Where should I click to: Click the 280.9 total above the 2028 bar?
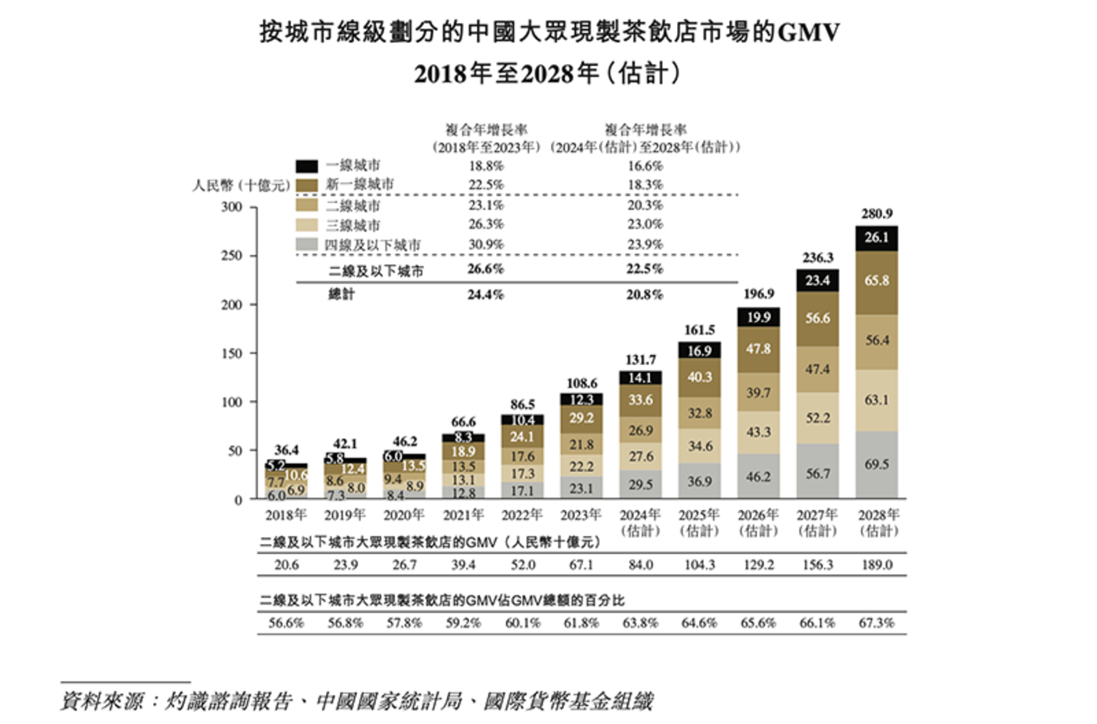(x=876, y=214)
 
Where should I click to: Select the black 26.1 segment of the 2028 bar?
(x=876, y=238)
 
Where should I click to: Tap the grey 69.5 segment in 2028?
(x=876, y=465)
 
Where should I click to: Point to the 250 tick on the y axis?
(x=232, y=255)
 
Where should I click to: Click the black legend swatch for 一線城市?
(x=307, y=166)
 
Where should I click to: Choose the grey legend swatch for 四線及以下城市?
(x=307, y=244)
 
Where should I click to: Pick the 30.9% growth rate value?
(x=486, y=244)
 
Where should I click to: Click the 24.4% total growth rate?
(x=486, y=295)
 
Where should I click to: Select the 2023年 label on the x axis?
(x=581, y=515)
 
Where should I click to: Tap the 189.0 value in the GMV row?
(x=876, y=565)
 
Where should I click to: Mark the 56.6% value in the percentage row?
(x=286, y=623)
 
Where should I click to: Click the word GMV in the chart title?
(x=809, y=32)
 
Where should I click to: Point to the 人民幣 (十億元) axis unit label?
(x=241, y=186)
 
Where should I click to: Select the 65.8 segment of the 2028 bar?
(x=876, y=281)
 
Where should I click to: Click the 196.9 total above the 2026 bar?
(x=758, y=294)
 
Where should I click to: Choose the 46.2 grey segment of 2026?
(x=758, y=476)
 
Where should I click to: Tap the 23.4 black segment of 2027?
(x=817, y=281)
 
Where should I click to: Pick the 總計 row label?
(x=342, y=295)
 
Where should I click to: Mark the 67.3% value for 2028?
(x=876, y=623)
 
